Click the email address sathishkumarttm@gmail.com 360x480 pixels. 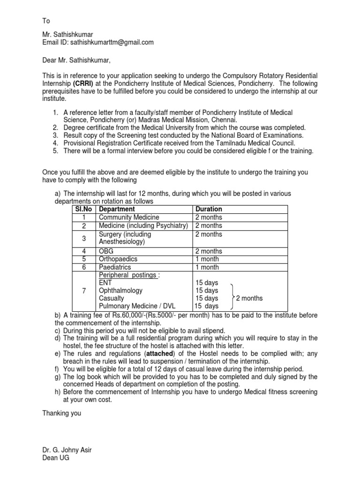[x=112, y=42]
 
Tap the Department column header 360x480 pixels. [x=117, y=209]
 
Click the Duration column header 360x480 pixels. [x=209, y=209]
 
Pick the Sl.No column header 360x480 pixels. [x=83, y=209]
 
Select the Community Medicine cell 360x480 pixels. [x=129, y=217]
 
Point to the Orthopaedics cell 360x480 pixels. [x=118, y=259]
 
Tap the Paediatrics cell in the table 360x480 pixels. [x=115, y=267]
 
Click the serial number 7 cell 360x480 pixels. [x=83, y=291]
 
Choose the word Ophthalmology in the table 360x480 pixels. [x=120, y=291]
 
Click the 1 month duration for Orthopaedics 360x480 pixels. [x=207, y=259]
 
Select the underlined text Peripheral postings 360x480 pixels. [x=127, y=275]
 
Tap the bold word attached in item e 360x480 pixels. [x=160, y=353]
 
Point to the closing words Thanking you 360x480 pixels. [x=62, y=413]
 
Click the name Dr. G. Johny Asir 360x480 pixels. [x=67, y=450]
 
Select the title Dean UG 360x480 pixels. [x=56, y=458]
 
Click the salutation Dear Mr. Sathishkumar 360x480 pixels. [x=77, y=60]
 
